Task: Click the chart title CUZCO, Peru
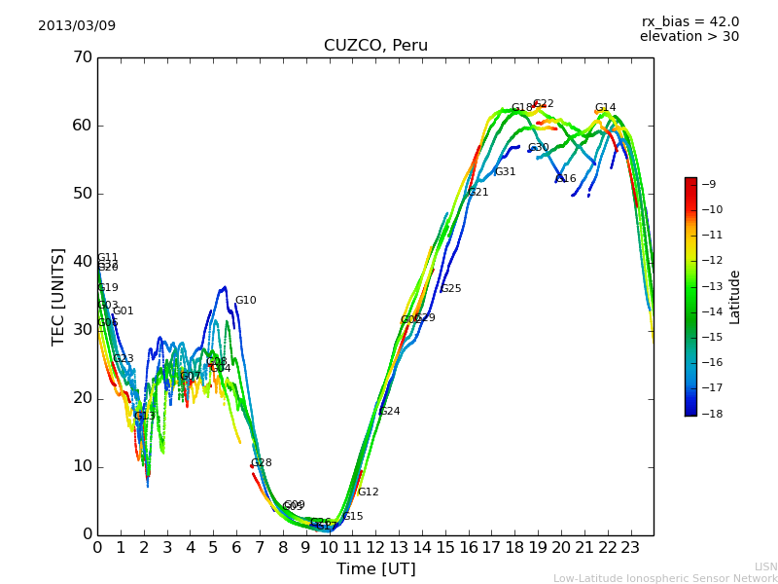[x=375, y=46]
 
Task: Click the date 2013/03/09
[x=77, y=25]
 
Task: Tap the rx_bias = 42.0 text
[x=690, y=21]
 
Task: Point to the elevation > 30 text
[x=689, y=37]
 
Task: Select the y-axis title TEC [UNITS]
[x=58, y=296]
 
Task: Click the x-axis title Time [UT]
[x=375, y=568]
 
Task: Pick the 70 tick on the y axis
[x=82, y=57]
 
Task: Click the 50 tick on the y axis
[x=82, y=194]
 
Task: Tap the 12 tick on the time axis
[x=375, y=547]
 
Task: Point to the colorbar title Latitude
[x=735, y=296]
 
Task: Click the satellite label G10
[x=246, y=301]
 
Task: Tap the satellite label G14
[x=605, y=108]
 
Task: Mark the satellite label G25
[x=451, y=289]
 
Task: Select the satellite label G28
[x=262, y=463]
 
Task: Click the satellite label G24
[x=390, y=412]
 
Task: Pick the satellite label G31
[x=506, y=172]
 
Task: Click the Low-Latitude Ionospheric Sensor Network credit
[x=665, y=578]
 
